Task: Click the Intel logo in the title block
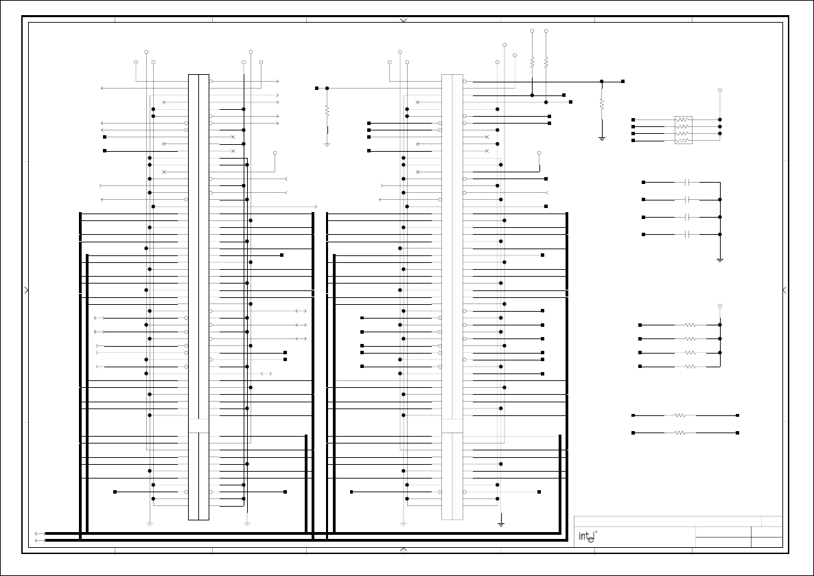[x=587, y=536]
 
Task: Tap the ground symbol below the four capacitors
[x=720, y=260]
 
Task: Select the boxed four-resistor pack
[x=683, y=130]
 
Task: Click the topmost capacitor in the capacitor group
[x=687, y=183]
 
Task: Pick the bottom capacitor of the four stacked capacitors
[x=687, y=235]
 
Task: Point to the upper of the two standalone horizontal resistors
[x=680, y=415]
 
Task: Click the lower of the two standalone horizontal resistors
[x=680, y=433]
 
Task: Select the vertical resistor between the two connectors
[x=327, y=111]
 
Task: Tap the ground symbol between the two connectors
[x=327, y=144]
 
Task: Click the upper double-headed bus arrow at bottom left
[x=40, y=533]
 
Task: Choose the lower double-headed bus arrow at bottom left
[x=40, y=540]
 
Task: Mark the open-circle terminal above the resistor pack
[x=720, y=90]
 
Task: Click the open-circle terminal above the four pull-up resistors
[x=720, y=306]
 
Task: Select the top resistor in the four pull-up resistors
[x=690, y=325]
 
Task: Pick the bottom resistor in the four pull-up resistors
[x=690, y=367]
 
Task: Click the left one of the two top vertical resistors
[x=532, y=62]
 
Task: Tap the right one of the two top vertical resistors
[x=546, y=62]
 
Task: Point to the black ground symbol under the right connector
[x=501, y=525]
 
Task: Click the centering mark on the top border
[x=404, y=21]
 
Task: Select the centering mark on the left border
[x=27, y=290]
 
